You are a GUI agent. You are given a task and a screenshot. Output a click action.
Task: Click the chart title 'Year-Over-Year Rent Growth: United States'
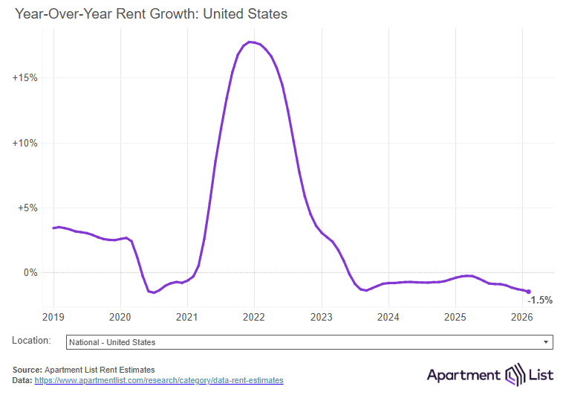click(x=151, y=13)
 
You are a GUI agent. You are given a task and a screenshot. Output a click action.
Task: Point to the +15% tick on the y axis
click(x=25, y=78)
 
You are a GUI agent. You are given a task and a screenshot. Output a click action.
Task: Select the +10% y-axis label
click(x=25, y=143)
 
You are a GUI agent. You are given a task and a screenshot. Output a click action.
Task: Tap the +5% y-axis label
click(x=27, y=208)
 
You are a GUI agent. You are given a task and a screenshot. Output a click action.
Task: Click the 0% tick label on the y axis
click(x=30, y=272)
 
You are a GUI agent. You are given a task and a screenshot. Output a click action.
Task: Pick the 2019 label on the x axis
click(x=53, y=317)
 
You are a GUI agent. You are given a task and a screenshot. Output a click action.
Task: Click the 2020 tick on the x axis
click(x=120, y=317)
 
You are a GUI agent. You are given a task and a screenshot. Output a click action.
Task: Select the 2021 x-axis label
click(x=187, y=317)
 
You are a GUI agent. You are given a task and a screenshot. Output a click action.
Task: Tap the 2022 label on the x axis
click(x=254, y=317)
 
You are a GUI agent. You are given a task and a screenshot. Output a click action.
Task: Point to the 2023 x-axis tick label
click(x=321, y=317)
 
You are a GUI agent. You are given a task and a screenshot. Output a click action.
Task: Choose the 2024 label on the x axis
click(x=388, y=317)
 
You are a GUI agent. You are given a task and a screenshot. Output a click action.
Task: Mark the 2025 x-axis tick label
click(x=455, y=317)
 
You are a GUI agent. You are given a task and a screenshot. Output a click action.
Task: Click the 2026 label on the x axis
click(x=521, y=317)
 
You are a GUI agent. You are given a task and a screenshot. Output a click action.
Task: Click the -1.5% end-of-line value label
click(x=540, y=300)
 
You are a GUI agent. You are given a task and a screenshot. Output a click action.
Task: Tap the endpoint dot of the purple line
click(x=528, y=292)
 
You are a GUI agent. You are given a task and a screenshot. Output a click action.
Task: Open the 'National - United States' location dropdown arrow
click(x=547, y=342)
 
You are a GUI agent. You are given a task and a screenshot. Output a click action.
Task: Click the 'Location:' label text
click(x=31, y=341)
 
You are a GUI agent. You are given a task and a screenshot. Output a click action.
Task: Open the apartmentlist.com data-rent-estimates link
click(x=158, y=380)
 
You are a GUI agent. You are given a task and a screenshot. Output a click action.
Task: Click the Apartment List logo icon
click(x=515, y=373)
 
